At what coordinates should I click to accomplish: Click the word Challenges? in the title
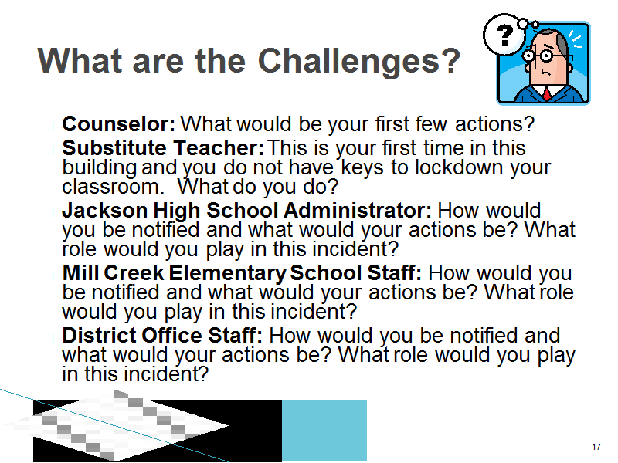click(x=359, y=62)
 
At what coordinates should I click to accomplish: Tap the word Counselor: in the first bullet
click(x=119, y=124)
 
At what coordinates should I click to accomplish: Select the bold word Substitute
click(x=114, y=148)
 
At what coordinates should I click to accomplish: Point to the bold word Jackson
click(x=105, y=210)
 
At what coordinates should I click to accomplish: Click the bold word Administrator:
click(x=358, y=210)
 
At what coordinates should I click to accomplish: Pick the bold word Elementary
click(x=228, y=274)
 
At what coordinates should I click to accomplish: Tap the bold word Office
click(x=171, y=336)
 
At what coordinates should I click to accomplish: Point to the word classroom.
click(x=113, y=187)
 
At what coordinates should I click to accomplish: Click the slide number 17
click(x=596, y=447)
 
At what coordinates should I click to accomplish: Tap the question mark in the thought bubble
click(x=505, y=35)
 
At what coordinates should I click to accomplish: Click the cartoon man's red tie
click(x=547, y=93)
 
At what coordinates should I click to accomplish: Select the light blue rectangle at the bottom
click(x=324, y=431)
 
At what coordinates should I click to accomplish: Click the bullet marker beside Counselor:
click(x=49, y=127)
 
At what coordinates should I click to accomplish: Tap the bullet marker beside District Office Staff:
click(x=49, y=338)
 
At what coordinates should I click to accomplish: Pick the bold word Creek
click(x=134, y=273)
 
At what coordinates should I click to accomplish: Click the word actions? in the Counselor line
click(x=494, y=124)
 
